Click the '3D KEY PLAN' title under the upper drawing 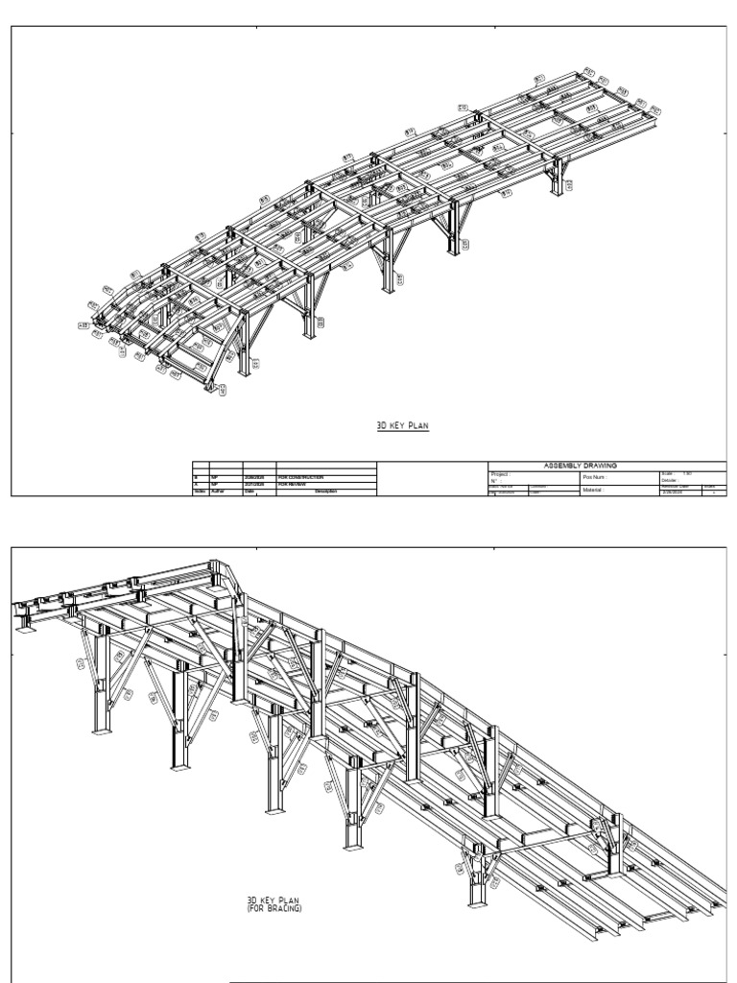click(403, 423)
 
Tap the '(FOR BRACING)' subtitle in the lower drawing click(274, 907)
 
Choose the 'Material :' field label click(597, 490)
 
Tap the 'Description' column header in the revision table click(325, 492)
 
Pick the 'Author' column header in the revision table click(217, 492)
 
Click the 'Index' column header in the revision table click(200, 492)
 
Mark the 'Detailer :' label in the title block click(671, 480)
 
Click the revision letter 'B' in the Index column click(197, 477)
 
